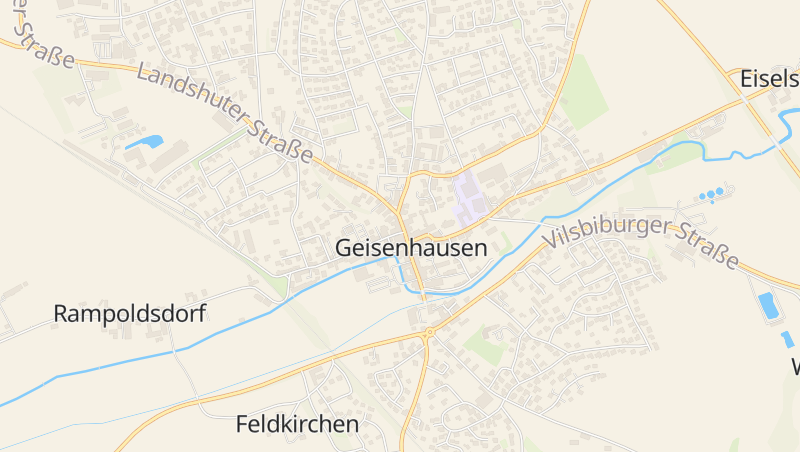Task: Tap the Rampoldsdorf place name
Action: (x=129, y=314)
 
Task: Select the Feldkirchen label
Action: (x=297, y=424)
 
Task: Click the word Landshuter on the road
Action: (x=190, y=97)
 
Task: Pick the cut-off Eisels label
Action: (x=769, y=79)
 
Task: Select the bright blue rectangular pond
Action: (x=769, y=305)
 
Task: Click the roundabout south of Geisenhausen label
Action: (x=429, y=331)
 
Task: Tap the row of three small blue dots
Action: (x=712, y=193)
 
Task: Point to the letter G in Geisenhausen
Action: (x=344, y=248)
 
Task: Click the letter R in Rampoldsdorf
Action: (x=60, y=314)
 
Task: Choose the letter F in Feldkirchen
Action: (x=243, y=424)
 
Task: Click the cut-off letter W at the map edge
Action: (x=795, y=366)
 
